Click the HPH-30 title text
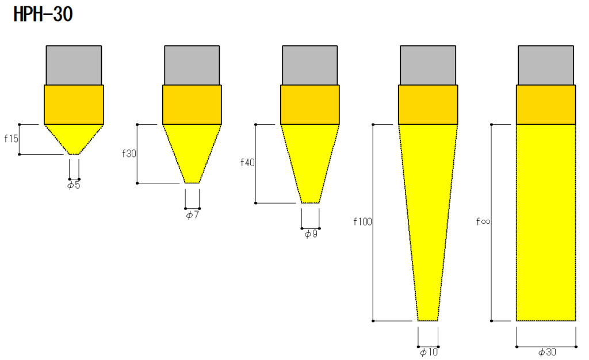pos(43,14)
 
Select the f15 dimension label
pos(11,139)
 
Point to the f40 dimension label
pos(247,163)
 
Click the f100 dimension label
pos(364,221)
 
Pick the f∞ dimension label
pos(483,221)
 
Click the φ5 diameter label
pos(74,185)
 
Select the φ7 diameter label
pos(192,215)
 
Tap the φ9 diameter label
pos(311,234)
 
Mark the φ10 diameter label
pos(429,352)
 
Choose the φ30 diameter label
pos(546,352)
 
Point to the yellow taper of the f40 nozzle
pos(311,161)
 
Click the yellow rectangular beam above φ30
pos(546,222)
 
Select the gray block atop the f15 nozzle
pos(74,65)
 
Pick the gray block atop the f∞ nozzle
pos(546,65)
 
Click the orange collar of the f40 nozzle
pos(310,104)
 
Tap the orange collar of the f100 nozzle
pos(428,104)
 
